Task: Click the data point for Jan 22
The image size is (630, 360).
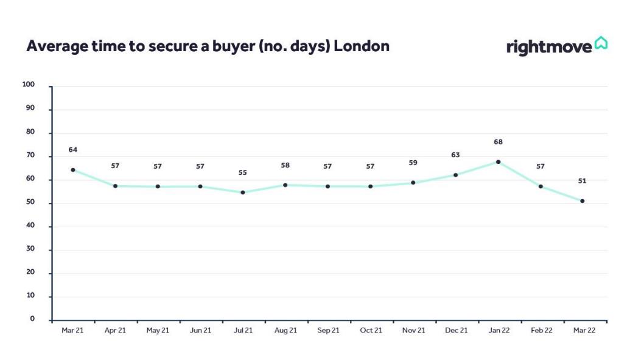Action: (x=498, y=162)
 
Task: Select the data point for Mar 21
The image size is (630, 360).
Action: (x=72, y=170)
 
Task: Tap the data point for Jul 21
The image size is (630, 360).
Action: (x=243, y=192)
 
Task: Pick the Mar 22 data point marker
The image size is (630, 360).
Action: (x=582, y=201)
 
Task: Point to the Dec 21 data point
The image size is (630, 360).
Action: (x=455, y=175)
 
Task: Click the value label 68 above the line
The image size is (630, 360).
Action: (x=498, y=142)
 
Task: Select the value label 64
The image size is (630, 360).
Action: (x=72, y=150)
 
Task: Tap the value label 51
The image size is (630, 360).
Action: (x=582, y=181)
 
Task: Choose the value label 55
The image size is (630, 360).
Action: (x=243, y=172)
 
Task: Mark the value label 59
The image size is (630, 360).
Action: (x=413, y=163)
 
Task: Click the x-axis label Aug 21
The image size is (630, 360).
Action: (x=285, y=330)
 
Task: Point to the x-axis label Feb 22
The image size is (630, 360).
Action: (x=542, y=330)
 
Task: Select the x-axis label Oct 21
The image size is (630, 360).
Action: (x=371, y=330)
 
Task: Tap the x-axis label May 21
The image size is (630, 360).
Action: (x=158, y=330)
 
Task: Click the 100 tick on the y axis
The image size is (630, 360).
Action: (x=29, y=85)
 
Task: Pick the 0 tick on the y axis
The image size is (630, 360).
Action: (x=32, y=319)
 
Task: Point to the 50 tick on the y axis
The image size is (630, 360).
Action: (x=30, y=202)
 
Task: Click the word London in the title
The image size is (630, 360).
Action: (x=362, y=46)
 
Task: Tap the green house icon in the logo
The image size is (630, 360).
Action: (x=601, y=43)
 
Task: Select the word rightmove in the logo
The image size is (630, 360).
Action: (x=549, y=48)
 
